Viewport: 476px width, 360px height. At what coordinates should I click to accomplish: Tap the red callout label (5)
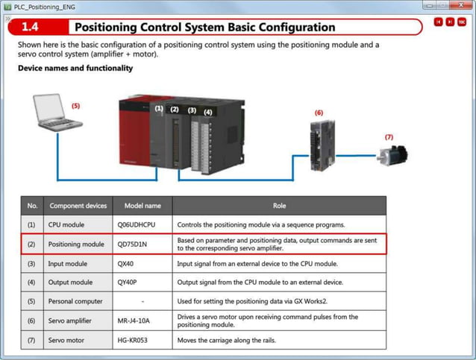[x=75, y=106]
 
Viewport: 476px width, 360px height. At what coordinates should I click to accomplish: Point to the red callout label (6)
[x=319, y=113]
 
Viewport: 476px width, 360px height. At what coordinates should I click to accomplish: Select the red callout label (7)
[x=388, y=137]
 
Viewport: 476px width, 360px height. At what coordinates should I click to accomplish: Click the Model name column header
[x=142, y=205]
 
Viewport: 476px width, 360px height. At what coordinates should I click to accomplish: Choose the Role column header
[x=279, y=205]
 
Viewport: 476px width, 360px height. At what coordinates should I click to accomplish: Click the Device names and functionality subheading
[x=75, y=69]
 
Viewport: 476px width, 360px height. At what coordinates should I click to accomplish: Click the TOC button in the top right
[x=462, y=22]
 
